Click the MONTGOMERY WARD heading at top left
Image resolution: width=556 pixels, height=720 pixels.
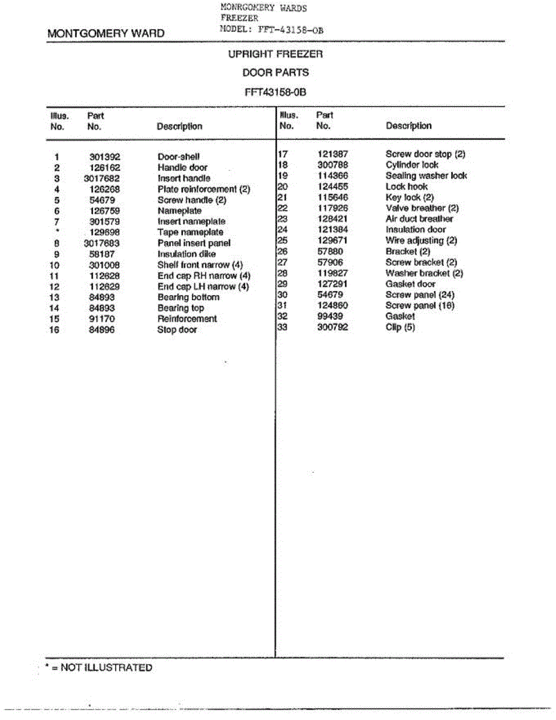[106, 34]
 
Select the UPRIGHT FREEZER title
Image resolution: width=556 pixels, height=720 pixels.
[275, 54]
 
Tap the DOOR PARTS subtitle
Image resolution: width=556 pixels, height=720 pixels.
[275, 73]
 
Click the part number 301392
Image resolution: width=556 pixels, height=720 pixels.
[105, 157]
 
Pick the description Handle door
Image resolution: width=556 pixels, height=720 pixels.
[182, 167]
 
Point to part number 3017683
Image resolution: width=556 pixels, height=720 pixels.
[102, 243]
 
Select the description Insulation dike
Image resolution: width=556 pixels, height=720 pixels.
[187, 254]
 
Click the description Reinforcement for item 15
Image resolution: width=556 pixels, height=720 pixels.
[187, 319]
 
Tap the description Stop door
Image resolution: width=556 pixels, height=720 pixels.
[177, 329]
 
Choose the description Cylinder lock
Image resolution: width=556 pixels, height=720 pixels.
[411, 165]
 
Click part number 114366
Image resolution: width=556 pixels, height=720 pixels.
[332, 176]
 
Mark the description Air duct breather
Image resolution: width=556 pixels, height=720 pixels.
[419, 219]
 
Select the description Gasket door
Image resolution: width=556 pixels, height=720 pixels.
[410, 284]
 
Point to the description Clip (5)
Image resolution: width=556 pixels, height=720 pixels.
[400, 327]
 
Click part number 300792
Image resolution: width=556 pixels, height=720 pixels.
[332, 327]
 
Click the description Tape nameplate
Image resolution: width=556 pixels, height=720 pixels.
[190, 232]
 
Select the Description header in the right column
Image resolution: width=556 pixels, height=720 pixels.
[408, 126]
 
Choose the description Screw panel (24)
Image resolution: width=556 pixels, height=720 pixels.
[420, 295]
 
